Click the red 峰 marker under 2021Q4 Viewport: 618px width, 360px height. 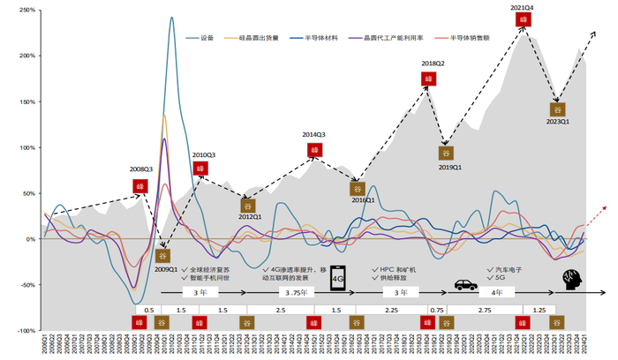coord(523,19)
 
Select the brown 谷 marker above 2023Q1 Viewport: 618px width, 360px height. coord(557,109)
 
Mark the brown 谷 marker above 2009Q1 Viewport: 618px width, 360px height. coord(162,256)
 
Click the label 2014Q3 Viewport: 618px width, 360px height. coord(314,135)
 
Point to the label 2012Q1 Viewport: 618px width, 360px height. coord(250,216)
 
